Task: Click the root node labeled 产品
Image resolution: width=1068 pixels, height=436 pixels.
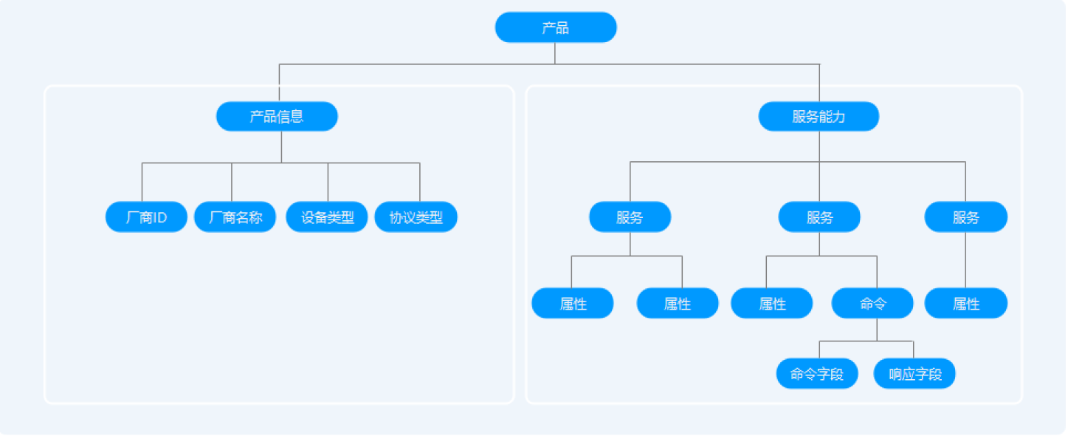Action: coord(555,27)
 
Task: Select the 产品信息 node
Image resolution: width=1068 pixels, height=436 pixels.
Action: coord(277,116)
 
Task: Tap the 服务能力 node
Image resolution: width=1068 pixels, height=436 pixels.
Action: coord(819,116)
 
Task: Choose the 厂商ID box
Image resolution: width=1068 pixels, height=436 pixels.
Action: coord(146,217)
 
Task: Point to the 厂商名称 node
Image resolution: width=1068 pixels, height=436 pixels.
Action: coord(235,217)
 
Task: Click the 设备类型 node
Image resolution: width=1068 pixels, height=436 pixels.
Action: coord(327,217)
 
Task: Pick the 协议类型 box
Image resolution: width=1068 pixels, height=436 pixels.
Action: coord(416,217)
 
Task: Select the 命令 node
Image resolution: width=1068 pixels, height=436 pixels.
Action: coord(872,303)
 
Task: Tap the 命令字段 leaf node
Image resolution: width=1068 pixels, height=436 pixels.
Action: coord(817,374)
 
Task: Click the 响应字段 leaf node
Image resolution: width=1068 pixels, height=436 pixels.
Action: coord(914,374)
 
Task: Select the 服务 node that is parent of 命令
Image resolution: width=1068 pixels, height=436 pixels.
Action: coord(819,217)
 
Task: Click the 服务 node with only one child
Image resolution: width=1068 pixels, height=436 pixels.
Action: coord(965,217)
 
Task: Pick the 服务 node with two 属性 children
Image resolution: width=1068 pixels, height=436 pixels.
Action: coord(630,217)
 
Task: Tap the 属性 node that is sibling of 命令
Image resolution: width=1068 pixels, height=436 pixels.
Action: coord(772,303)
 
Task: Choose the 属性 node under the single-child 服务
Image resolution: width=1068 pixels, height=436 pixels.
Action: coord(965,303)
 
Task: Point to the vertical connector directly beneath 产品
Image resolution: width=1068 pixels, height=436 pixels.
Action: coord(555,53)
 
